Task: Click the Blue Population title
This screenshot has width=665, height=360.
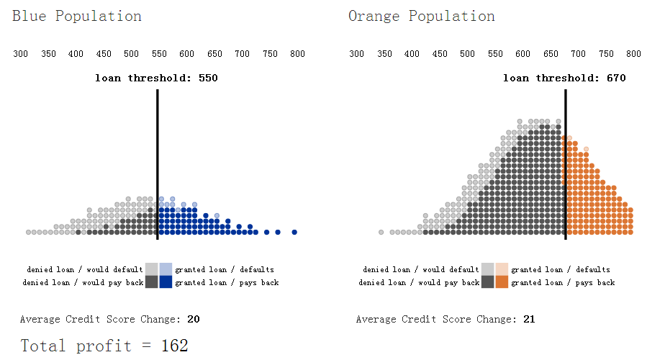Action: pos(77,17)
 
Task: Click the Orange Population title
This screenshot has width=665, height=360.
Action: pos(422,17)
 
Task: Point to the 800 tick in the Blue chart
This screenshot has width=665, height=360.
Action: pos(297,54)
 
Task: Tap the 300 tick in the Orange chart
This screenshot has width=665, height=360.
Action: pos(357,54)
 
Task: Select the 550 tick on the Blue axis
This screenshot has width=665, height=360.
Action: pos(159,54)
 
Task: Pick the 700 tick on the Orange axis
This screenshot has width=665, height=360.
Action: pos(579,54)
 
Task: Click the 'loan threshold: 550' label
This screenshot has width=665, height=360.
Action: pos(156,78)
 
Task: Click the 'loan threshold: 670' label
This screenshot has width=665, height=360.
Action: pos(564,78)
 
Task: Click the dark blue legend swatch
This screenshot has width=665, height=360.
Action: pos(166,282)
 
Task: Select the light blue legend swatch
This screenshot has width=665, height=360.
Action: pos(166,269)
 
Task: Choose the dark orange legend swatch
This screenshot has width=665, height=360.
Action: pos(502,282)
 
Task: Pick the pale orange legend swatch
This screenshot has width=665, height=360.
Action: pos(502,269)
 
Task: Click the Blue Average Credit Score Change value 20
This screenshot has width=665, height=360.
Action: pos(194,319)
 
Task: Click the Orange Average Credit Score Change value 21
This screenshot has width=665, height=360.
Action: pos(530,319)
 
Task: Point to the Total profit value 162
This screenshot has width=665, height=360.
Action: pos(174,346)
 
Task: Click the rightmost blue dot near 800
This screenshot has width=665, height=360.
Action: pos(294,232)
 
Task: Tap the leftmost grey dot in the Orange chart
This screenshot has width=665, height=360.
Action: pos(381,232)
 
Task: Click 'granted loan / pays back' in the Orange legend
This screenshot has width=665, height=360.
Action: pos(563,283)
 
